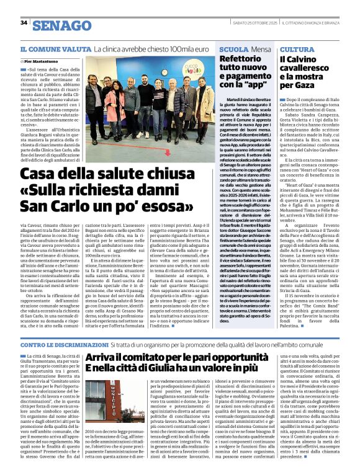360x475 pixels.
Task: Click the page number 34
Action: (x=24, y=22)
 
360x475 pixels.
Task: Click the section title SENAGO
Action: (x=61, y=25)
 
